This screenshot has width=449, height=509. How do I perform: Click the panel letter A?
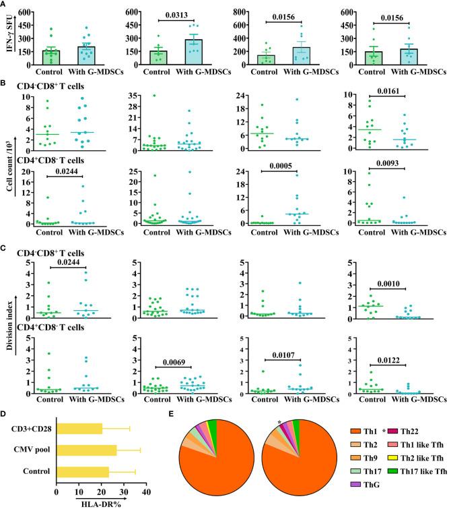tap(5, 5)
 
